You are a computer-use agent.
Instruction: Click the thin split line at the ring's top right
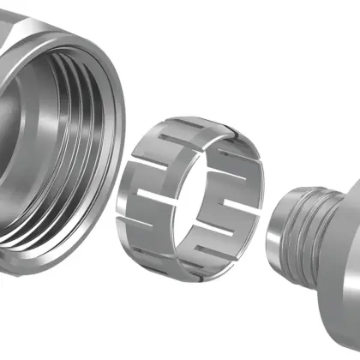230,131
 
